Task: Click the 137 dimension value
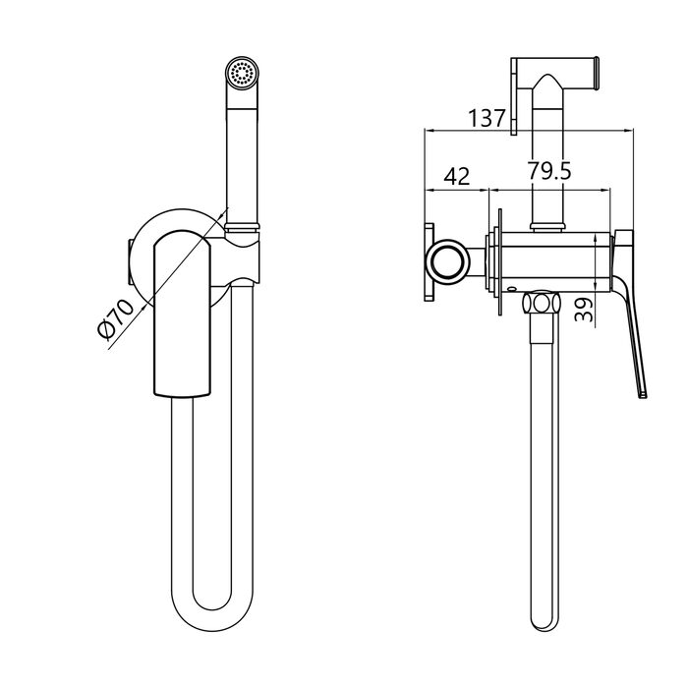tap(487, 118)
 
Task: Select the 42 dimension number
tap(457, 176)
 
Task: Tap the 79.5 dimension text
tap(549, 171)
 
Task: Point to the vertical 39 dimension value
tap(584, 309)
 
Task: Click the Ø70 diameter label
tap(116, 318)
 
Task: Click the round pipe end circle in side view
tap(448, 262)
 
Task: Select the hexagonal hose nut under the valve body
tap(541, 303)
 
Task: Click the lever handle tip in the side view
tap(643, 395)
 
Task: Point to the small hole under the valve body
tap(511, 289)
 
